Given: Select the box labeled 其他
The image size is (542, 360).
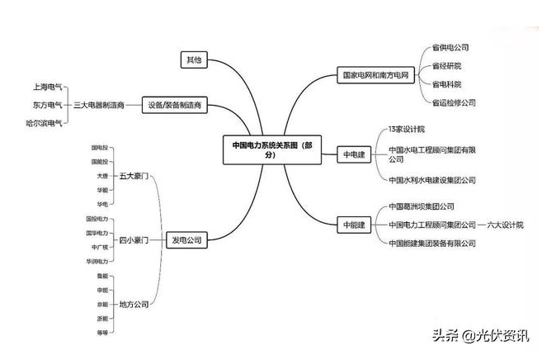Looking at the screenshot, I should click(x=193, y=59).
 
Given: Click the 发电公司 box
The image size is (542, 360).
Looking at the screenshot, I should click(x=185, y=239).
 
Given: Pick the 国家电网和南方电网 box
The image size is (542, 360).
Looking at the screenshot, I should click(x=375, y=75).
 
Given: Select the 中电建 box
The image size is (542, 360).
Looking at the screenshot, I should click(x=353, y=154).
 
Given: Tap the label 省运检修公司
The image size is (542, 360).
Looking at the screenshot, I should click(x=454, y=102).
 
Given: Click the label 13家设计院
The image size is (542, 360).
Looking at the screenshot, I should click(x=406, y=130).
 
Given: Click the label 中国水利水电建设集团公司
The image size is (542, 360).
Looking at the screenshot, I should click(x=431, y=179).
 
